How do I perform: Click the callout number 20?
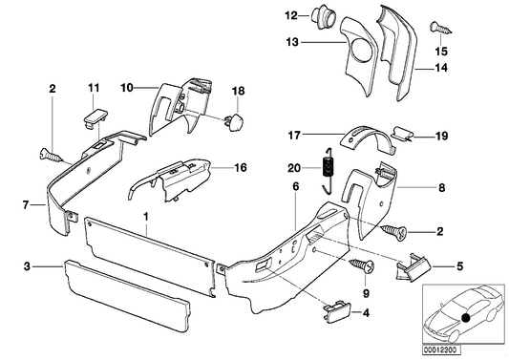291,168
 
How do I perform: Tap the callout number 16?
240,167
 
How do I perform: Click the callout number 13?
291,41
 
